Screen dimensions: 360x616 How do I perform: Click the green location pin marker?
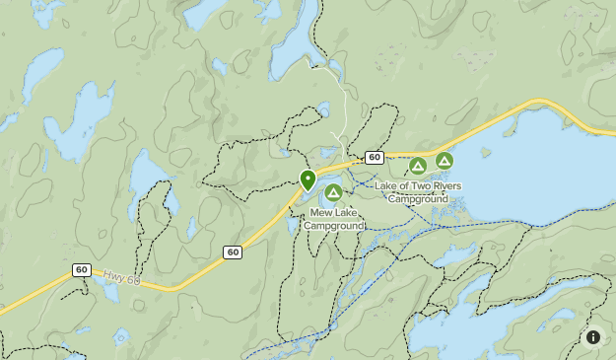coord(308,180)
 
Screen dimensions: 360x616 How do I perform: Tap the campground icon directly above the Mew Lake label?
coord(333,192)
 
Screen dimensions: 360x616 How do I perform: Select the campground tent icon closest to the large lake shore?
coord(445,160)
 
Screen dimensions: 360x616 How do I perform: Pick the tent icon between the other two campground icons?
coord(418,166)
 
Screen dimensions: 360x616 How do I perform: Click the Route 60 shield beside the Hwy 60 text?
coord(81,270)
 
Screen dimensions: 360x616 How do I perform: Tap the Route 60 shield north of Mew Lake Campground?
coord(374,158)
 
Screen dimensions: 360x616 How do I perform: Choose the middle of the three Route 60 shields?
coord(233,252)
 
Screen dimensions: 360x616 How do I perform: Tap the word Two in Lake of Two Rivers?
coord(417,186)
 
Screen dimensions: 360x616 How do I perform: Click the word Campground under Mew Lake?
coord(333,226)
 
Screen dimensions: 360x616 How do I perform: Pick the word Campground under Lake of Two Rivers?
coord(418,198)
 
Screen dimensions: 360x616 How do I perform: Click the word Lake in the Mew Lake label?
coord(347,212)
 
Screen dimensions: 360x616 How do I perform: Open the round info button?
coord(593,337)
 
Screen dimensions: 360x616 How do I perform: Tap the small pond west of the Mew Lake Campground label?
coord(293,224)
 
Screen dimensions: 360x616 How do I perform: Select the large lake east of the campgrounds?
coord(552,168)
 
